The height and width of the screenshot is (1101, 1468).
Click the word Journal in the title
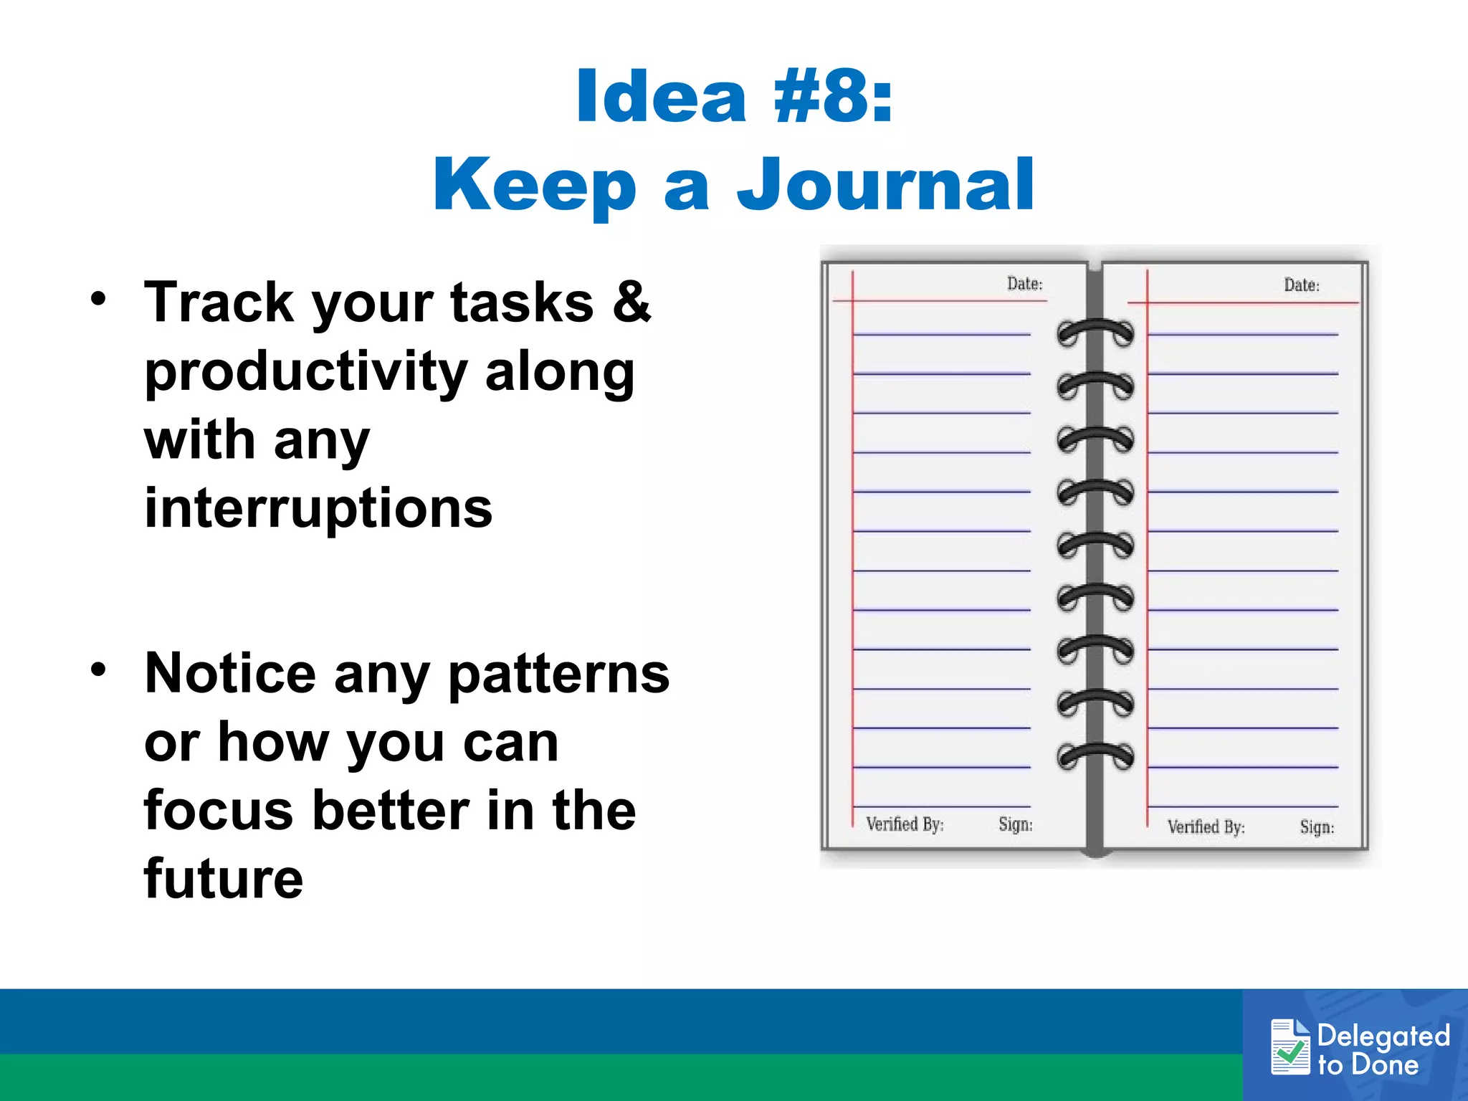click(886, 186)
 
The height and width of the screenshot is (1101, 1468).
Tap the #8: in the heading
click(833, 97)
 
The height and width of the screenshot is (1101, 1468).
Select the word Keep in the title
click(535, 186)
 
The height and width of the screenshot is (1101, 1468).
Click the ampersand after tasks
click(631, 302)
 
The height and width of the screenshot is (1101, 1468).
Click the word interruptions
click(318, 507)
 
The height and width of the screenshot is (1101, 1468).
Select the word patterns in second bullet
click(558, 674)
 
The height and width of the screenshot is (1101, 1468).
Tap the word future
click(224, 879)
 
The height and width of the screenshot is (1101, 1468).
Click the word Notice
click(230, 674)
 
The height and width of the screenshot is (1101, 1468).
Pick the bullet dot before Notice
click(98, 669)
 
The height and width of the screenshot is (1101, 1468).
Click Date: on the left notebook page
click(1024, 284)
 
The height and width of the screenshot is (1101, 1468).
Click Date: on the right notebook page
click(1301, 285)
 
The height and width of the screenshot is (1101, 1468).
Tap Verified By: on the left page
click(905, 824)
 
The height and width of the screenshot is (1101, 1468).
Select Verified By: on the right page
click(1206, 827)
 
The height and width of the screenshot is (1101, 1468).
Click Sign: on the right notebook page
click(1317, 827)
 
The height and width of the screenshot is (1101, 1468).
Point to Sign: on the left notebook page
click(1016, 824)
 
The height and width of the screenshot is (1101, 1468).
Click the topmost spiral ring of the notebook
click(1095, 332)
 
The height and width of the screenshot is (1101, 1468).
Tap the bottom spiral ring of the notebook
click(1095, 756)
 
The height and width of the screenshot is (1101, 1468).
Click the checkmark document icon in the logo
click(1290, 1047)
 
